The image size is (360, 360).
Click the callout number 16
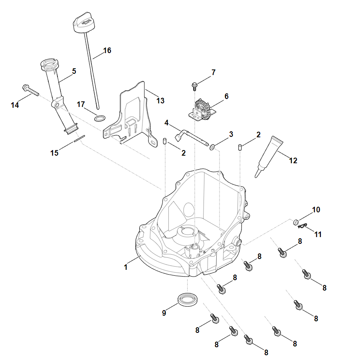click(x=107, y=51)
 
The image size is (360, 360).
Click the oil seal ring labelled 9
click(x=187, y=299)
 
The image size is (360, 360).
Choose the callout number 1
click(x=126, y=267)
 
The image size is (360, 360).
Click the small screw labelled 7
click(x=195, y=85)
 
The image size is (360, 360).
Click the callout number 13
click(x=160, y=101)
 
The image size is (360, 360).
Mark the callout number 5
click(x=74, y=71)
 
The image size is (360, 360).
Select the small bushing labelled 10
click(x=296, y=222)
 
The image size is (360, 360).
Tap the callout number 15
click(x=54, y=153)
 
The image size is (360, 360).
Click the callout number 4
click(x=166, y=123)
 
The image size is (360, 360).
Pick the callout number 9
click(x=164, y=313)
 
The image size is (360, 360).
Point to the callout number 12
click(x=293, y=161)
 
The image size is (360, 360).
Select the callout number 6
click(x=226, y=96)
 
